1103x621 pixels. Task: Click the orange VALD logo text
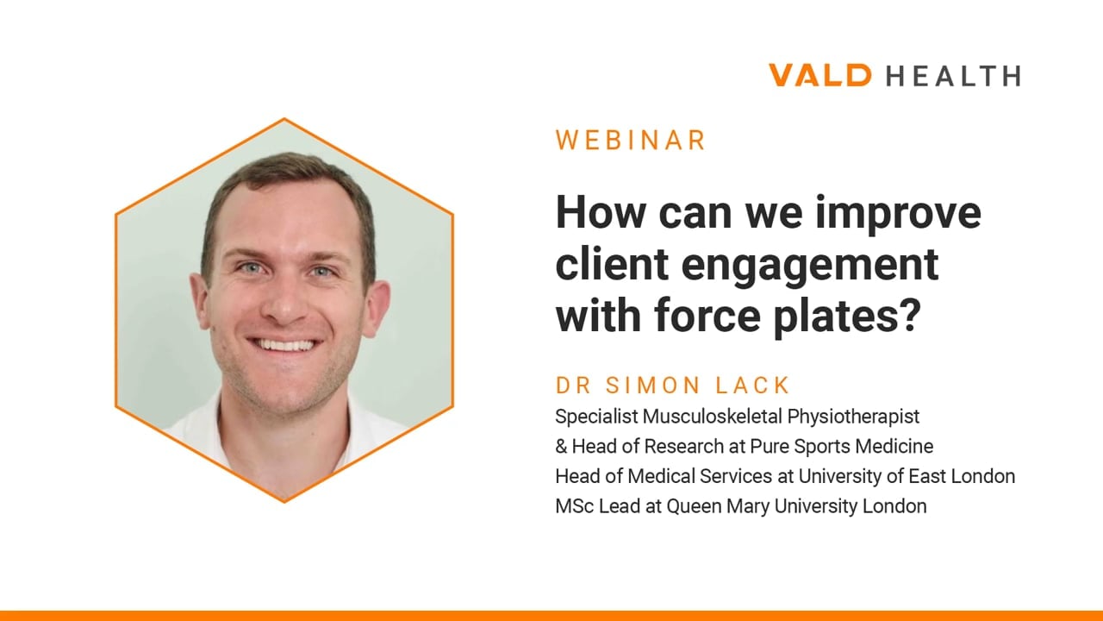[819, 75]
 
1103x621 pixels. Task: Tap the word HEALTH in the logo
[953, 76]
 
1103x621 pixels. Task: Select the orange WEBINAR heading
[631, 140]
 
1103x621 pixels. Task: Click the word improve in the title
[898, 213]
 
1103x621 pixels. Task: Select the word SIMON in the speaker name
[653, 386]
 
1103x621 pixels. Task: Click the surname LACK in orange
[752, 386]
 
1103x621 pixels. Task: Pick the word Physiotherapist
[853, 417]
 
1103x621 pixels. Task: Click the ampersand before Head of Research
[561, 447]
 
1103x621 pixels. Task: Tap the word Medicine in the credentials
[894, 447]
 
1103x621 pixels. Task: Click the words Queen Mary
[719, 507]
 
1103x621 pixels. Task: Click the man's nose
[284, 302]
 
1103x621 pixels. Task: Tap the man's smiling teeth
[283, 344]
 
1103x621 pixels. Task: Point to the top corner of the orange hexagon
[284, 118]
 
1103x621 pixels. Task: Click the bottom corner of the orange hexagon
[284, 502]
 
